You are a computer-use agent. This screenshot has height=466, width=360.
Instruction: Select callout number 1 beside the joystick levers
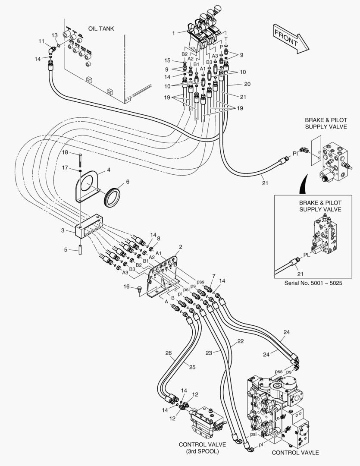click(174, 33)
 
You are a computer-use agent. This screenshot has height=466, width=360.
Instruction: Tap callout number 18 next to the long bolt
click(65, 152)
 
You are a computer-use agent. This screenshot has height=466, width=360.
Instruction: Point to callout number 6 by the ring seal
click(127, 182)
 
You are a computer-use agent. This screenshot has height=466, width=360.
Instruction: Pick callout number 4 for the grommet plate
click(109, 170)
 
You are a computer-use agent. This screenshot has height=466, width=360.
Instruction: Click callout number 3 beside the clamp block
click(63, 231)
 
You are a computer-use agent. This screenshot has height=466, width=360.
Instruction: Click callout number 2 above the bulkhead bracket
click(181, 247)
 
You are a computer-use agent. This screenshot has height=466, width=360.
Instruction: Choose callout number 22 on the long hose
click(240, 341)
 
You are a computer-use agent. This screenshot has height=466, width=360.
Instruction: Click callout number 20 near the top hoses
click(247, 84)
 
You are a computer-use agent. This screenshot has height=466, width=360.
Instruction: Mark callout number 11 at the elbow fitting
click(41, 41)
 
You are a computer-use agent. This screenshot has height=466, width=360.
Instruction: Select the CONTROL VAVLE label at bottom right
click(295, 453)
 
